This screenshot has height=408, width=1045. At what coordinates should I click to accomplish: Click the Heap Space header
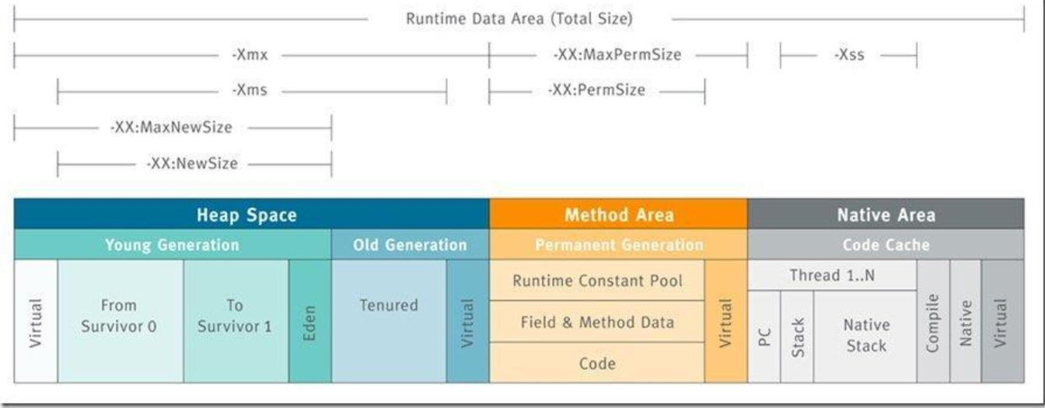pyautogui.click(x=251, y=214)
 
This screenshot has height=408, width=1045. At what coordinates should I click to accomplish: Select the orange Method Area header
pyautogui.click(x=619, y=214)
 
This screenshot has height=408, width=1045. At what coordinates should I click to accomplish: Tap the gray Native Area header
pyautogui.click(x=886, y=214)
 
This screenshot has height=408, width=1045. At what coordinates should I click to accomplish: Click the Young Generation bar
pyautogui.click(x=173, y=244)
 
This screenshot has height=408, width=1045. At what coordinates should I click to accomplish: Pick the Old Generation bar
pyautogui.click(x=411, y=244)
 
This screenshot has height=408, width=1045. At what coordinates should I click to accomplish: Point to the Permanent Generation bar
pyautogui.click(x=619, y=244)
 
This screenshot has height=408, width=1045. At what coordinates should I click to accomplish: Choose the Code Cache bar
pyautogui.click(x=886, y=244)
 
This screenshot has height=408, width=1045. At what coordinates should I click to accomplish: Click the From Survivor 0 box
pyautogui.click(x=121, y=321)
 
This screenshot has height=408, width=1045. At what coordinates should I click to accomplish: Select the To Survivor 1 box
pyautogui.click(x=236, y=321)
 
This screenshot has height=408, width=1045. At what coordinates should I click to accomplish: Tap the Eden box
pyautogui.click(x=310, y=321)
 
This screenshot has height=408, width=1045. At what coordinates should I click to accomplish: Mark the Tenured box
pyautogui.click(x=389, y=321)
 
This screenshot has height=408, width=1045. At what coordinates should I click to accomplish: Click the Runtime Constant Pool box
pyautogui.click(x=597, y=281)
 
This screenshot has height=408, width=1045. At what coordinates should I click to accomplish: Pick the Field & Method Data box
pyautogui.click(x=597, y=322)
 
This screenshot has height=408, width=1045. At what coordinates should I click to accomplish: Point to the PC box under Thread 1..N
pyautogui.click(x=764, y=337)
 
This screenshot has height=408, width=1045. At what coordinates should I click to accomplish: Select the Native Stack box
pyautogui.click(x=865, y=337)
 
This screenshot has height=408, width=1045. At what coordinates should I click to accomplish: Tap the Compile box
pyautogui.click(x=933, y=321)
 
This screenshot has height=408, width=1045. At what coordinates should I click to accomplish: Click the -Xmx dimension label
pyautogui.click(x=250, y=54)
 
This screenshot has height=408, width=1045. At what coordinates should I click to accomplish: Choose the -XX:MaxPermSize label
pyautogui.click(x=617, y=54)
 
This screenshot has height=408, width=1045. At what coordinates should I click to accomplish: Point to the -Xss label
pyautogui.click(x=849, y=54)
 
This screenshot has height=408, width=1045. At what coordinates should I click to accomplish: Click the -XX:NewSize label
pyautogui.click(x=192, y=163)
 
